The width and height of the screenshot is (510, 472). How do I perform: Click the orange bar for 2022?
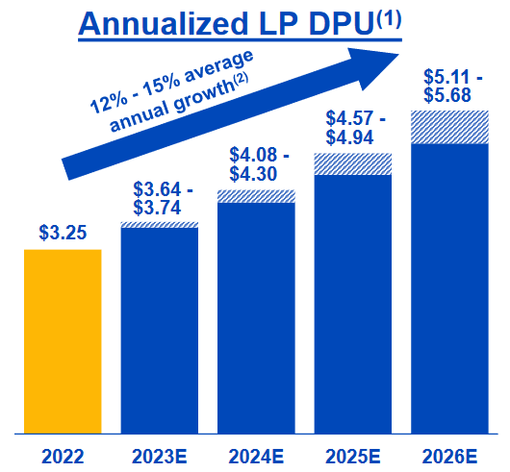coord(63,340)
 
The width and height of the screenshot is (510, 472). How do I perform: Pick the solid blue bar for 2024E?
coord(256,317)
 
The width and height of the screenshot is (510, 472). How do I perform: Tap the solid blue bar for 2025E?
coord(352,304)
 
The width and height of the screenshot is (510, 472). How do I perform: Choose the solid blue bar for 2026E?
coord(449,288)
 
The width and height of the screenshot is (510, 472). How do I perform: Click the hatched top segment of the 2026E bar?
coord(449,128)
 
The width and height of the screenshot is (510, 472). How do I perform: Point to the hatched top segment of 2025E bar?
coord(352,164)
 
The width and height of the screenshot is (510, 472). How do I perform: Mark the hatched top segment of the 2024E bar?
coord(256,196)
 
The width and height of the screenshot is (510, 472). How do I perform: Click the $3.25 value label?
coord(63,232)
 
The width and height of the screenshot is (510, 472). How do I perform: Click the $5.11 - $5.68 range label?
coord(450,85)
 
